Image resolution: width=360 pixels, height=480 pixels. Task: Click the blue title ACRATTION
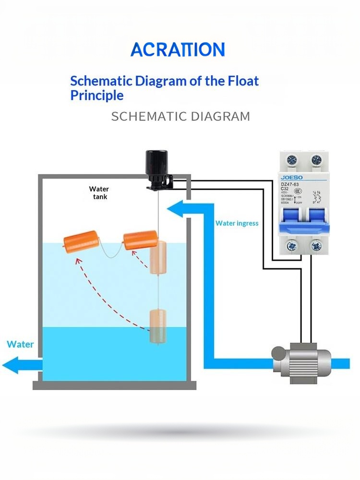click(178, 50)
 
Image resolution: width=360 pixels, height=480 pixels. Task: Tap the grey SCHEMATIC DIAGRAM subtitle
click(180, 116)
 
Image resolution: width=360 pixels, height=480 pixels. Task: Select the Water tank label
click(99, 193)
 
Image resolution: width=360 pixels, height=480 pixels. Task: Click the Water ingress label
click(237, 223)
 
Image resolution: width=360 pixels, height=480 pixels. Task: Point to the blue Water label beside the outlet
click(20, 344)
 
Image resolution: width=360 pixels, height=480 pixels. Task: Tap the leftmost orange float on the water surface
click(81, 240)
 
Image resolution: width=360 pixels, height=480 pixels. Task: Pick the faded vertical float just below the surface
click(158, 258)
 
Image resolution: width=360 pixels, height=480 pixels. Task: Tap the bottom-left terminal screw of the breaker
click(291, 247)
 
